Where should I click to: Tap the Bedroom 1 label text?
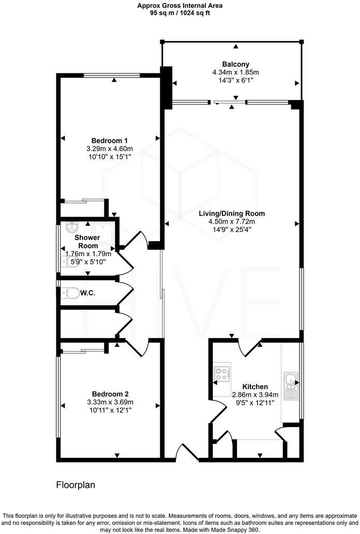tap(110, 141)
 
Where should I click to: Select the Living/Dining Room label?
tap(233, 213)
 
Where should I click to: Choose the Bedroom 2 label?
tap(110, 393)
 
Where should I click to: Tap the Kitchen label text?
tap(255, 387)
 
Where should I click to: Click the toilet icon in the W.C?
tap(68, 293)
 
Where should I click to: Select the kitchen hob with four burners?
tap(223, 374)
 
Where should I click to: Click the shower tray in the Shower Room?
tap(106, 229)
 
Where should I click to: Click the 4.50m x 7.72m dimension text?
tap(233, 221)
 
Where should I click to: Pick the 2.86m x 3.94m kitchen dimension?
tap(255, 394)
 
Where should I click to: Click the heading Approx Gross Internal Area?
tap(180, 6)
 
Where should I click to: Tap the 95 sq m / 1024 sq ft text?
tap(180, 13)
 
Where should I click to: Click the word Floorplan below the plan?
tap(76, 485)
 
